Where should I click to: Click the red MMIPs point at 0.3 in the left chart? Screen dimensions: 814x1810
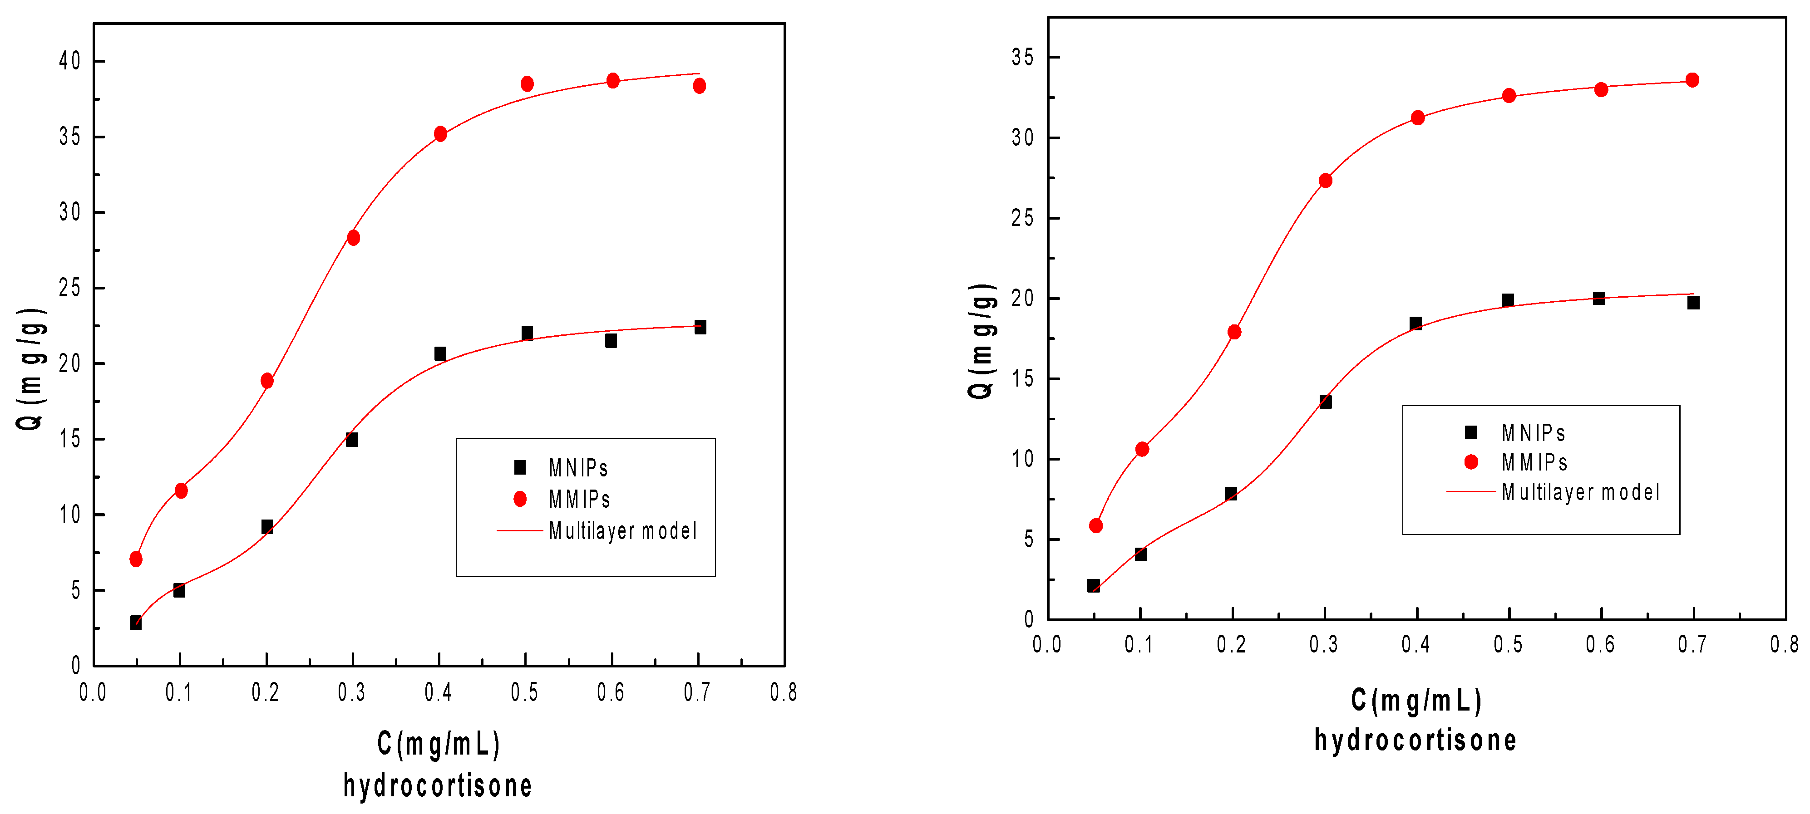coord(354,238)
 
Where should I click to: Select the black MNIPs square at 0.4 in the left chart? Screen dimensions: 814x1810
coord(440,353)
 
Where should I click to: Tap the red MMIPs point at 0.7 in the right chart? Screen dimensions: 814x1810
coord(1692,80)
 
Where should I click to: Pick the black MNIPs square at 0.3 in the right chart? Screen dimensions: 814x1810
coord(1325,402)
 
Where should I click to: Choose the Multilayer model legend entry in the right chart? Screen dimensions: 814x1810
coord(1579,492)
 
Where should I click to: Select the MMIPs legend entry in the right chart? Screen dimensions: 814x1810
coord(1534,462)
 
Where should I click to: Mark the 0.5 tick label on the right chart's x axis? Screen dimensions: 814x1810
coord(1508,644)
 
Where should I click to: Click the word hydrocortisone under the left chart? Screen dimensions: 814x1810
coord(437,785)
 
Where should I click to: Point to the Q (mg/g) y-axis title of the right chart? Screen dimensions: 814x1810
coord(981,341)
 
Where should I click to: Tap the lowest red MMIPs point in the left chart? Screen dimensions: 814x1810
coord(136,559)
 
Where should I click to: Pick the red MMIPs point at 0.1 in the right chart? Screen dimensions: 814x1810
coord(1142,449)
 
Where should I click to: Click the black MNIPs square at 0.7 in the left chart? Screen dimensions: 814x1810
coord(700,327)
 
